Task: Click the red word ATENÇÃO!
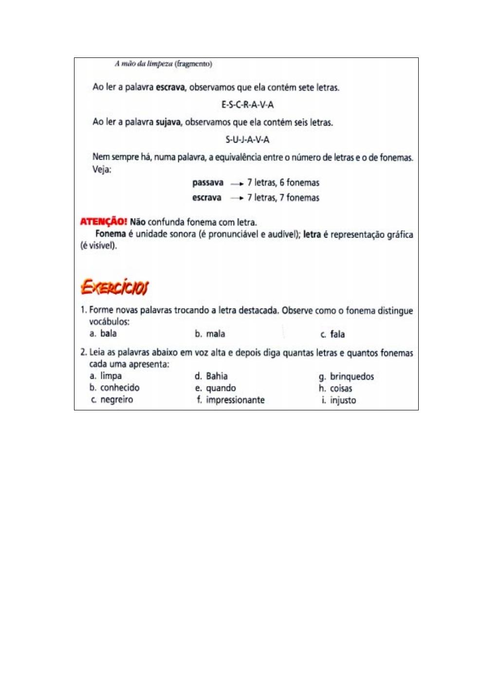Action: [103, 222]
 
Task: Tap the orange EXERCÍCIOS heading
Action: [114, 287]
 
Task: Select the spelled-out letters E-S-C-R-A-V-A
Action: [247, 105]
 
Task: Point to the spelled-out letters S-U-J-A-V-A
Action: [247, 140]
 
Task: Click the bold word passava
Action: [208, 183]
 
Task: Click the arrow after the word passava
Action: [237, 184]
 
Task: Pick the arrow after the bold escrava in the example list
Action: [237, 198]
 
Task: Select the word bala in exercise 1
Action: [109, 333]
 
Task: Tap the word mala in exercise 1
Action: [215, 334]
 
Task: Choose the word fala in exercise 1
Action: [337, 334]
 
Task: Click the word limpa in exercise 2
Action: [111, 376]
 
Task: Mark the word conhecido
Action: [120, 388]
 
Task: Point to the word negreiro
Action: [116, 400]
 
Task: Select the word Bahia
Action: [217, 376]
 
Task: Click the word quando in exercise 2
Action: [221, 388]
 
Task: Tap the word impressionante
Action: [235, 400]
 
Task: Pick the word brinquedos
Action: [352, 376]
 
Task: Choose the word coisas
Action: [341, 388]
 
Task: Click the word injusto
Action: [343, 401]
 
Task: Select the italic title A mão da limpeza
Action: [144, 64]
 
